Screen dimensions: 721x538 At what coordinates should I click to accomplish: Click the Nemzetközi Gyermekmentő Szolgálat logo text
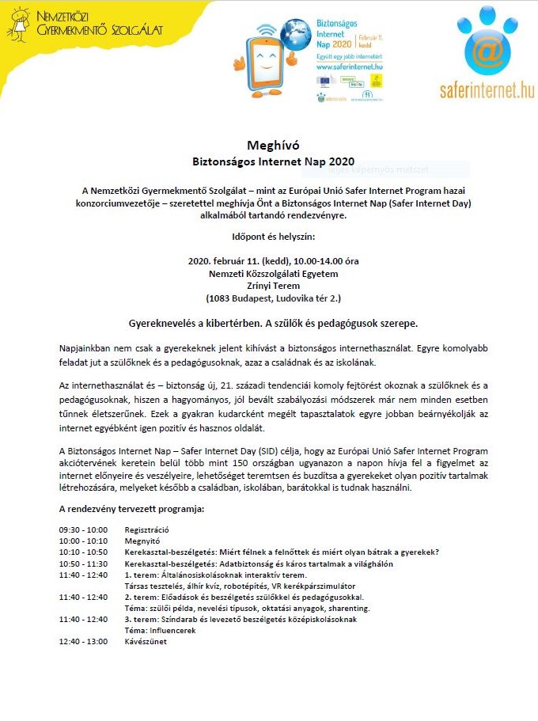tap(100, 25)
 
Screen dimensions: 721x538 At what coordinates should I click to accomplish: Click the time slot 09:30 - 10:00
tap(83, 529)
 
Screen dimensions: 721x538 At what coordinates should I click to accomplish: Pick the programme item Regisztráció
tap(147, 529)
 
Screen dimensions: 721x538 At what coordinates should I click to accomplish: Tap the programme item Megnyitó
tap(142, 541)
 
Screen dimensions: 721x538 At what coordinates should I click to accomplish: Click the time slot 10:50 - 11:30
tap(83, 564)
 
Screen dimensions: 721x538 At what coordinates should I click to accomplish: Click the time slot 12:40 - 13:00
tap(83, 642)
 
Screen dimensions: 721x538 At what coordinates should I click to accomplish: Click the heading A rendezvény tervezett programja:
tap(131, 509)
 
